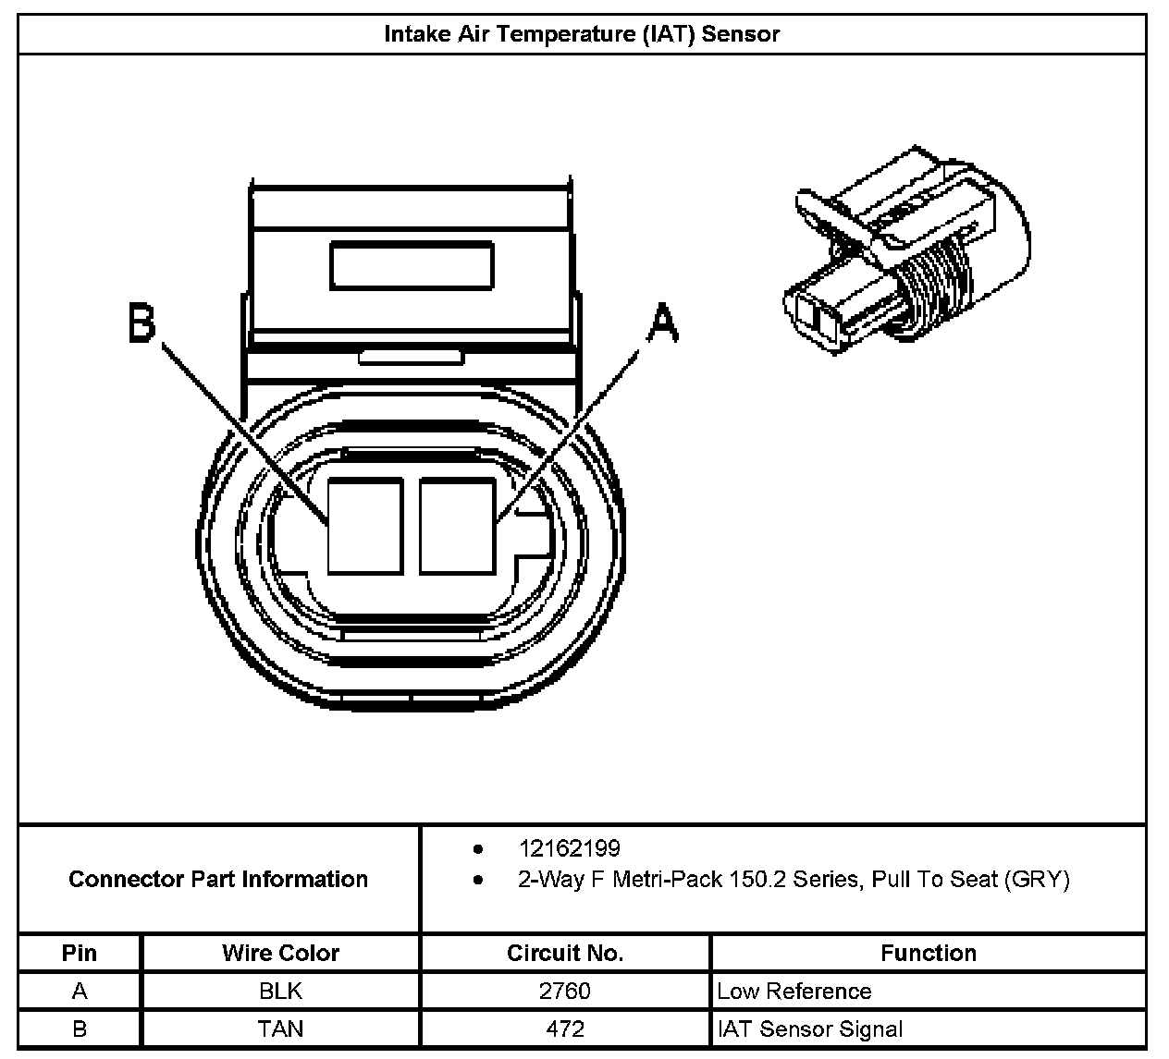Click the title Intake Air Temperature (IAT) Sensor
582,35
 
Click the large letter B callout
142,324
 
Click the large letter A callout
661,324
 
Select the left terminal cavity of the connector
364,525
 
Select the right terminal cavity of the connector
456,525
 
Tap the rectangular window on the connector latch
412,263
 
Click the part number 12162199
569,848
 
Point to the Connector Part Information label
218,879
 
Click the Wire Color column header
280,953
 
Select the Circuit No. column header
565,953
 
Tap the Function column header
928,953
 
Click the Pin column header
80,953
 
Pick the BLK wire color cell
280,992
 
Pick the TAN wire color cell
280,1029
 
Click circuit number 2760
565,992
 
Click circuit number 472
565,1029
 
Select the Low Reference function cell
794,992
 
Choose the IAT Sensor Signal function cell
810,1029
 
